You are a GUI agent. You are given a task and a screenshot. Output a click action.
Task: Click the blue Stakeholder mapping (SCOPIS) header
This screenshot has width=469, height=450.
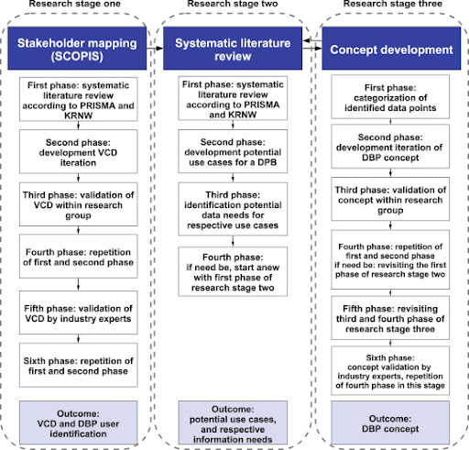[x=77, y=49]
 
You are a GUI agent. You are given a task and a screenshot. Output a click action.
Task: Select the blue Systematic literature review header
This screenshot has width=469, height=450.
[x=233, y=49]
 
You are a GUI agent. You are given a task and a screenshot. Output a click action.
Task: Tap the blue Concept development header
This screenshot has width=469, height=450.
[x=391, y=49]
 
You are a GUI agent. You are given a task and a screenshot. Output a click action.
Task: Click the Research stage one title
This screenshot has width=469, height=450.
[x=75, y=4]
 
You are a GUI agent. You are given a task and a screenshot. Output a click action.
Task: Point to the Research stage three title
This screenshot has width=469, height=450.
[x=393, y=4]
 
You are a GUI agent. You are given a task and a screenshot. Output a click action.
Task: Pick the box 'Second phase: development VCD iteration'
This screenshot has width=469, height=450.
[x=79, y=151]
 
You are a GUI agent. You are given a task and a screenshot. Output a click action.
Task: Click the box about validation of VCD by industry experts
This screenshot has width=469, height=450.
[x=79, y=313]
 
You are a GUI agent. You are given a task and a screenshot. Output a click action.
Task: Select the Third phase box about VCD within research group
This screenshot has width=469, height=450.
[x=79, y=204]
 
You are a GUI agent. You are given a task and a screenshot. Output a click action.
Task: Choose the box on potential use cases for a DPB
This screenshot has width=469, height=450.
[x=233, y=151]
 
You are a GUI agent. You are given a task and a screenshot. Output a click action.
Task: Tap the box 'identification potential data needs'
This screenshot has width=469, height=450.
[x=233, y=209]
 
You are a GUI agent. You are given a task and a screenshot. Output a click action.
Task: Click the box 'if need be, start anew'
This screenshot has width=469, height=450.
[x=233, y=271]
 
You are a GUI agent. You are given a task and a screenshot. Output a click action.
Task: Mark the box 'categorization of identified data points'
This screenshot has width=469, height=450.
[x=390, y=97]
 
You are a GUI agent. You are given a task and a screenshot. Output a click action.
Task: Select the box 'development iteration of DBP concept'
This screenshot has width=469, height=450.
[x=390, y=147]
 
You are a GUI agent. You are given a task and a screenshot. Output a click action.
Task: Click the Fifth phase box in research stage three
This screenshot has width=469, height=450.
[x=390, y=318]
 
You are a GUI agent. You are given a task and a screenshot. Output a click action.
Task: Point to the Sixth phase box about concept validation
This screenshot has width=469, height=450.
[x=390, y=370]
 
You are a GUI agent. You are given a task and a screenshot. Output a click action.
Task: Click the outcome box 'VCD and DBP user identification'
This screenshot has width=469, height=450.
[x=79, y=423]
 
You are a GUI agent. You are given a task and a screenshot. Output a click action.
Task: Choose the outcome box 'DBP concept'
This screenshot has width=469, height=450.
[x=390, y=423]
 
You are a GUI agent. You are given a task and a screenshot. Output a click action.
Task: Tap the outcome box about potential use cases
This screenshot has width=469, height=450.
[x=233, y=423]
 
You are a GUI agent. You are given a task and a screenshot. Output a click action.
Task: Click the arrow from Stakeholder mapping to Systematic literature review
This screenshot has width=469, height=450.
[x=155, y=49]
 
